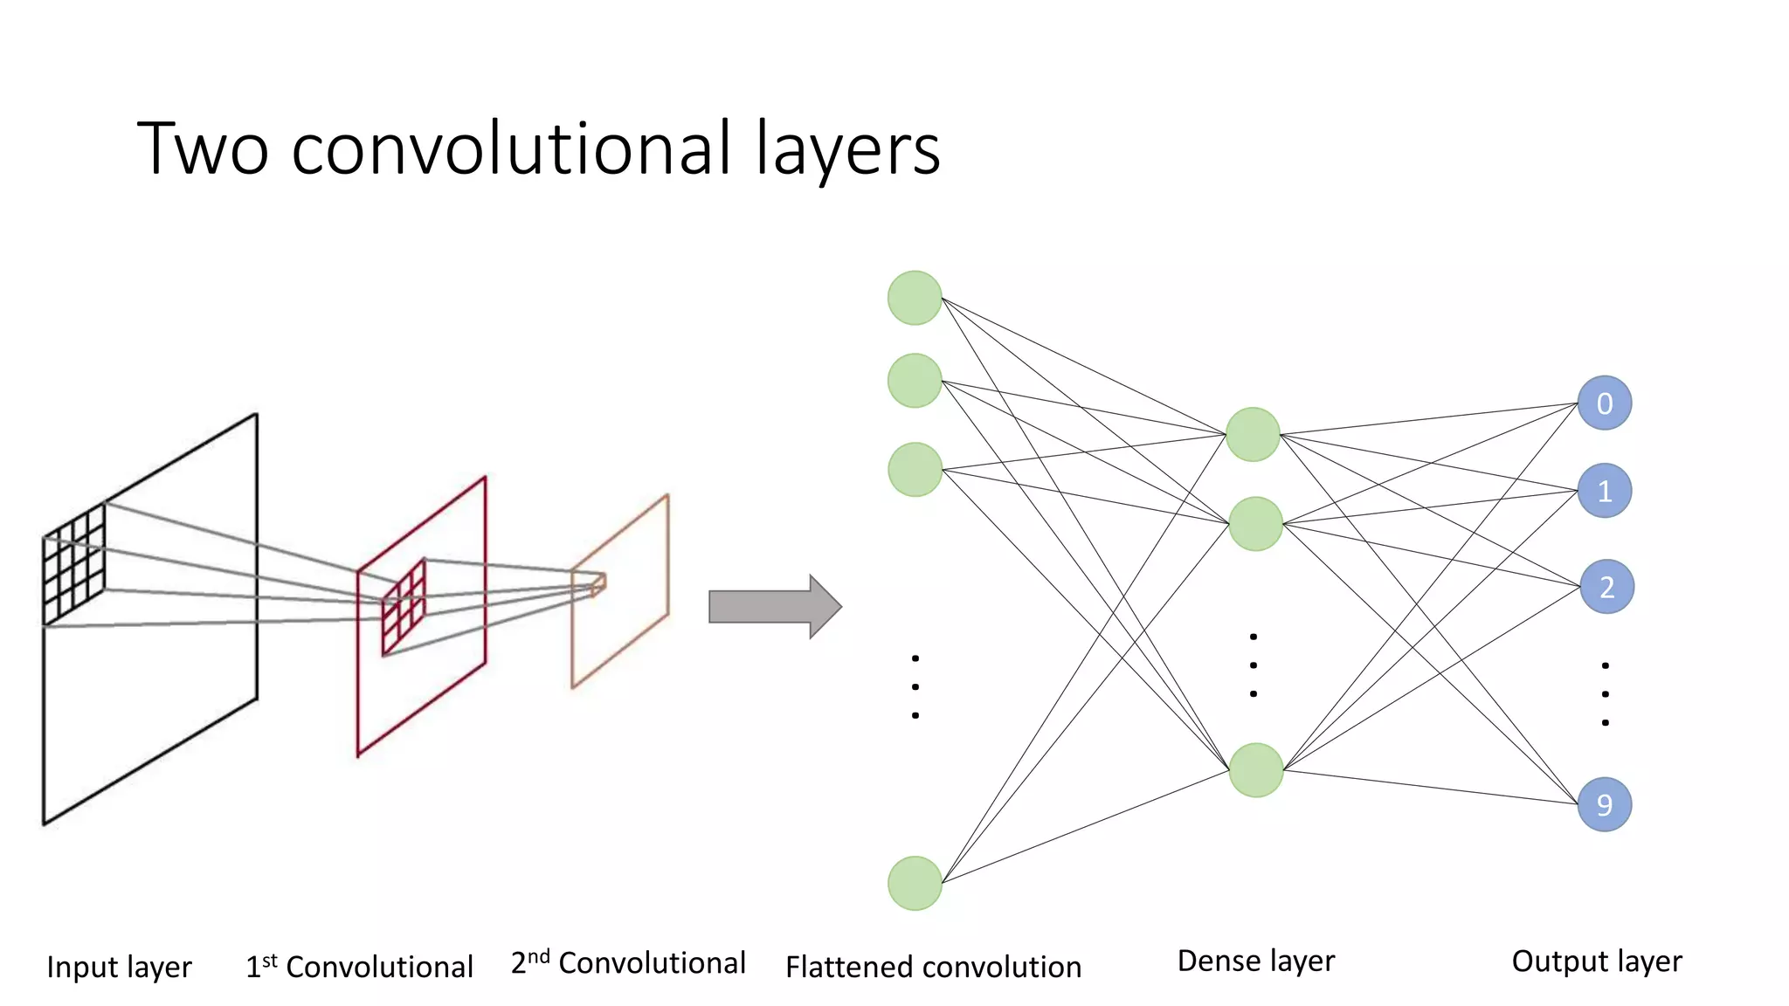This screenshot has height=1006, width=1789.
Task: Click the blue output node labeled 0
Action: tap(1605, 403)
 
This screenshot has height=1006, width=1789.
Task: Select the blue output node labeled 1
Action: tap(1605, 491)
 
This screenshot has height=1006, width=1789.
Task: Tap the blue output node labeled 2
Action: tap(1606, 587)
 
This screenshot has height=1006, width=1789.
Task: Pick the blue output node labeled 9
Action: tap(1605, 804)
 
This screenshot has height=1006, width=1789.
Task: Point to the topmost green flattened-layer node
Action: tap(915, 298)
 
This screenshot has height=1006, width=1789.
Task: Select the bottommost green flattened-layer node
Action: tap(915, 883)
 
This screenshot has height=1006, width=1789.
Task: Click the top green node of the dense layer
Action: tap(1253, 434)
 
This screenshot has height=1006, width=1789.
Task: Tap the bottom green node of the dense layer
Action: tap(1255, 770)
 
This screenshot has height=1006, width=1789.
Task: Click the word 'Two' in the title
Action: tap(203, 148)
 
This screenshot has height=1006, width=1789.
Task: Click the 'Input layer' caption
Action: tap(119, 967)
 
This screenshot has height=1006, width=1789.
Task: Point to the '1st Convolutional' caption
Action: tap(359, 967)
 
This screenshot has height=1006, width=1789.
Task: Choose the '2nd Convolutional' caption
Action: tap(628, 962)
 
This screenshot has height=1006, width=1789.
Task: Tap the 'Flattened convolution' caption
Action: tap(933, 967)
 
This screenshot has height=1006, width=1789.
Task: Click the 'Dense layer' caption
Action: tap(1255, 961)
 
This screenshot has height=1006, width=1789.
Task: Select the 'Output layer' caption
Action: tap(1596, 961)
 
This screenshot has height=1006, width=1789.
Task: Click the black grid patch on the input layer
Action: tap(74, 565)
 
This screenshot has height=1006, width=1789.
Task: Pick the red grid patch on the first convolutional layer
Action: tap(404, 608)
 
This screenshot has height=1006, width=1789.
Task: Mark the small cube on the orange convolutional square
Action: tap(598, 584)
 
